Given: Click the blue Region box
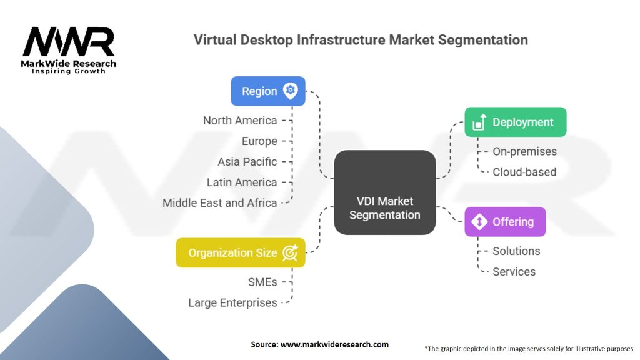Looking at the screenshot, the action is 268,91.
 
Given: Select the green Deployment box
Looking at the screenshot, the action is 516,122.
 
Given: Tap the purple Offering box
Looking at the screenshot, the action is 505,222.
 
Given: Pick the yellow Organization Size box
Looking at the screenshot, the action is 241,252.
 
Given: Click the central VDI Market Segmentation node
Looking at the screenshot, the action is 385,192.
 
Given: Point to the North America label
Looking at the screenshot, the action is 240,121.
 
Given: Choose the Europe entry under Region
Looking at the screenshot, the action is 259,141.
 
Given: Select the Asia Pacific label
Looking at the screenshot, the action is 247,162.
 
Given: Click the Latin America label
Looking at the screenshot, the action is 242,182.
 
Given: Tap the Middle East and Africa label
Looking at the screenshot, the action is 219,203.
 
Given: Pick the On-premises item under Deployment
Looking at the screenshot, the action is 524,151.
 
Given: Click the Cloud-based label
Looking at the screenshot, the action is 524,172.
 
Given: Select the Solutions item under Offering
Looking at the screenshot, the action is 516,251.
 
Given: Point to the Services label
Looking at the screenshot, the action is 514,271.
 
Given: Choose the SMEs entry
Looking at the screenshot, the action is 262,282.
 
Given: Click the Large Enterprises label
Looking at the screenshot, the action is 232,303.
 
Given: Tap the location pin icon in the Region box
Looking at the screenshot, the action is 291,91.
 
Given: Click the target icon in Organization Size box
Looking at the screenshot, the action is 290,252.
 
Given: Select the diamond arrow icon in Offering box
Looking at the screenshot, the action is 479,222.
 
